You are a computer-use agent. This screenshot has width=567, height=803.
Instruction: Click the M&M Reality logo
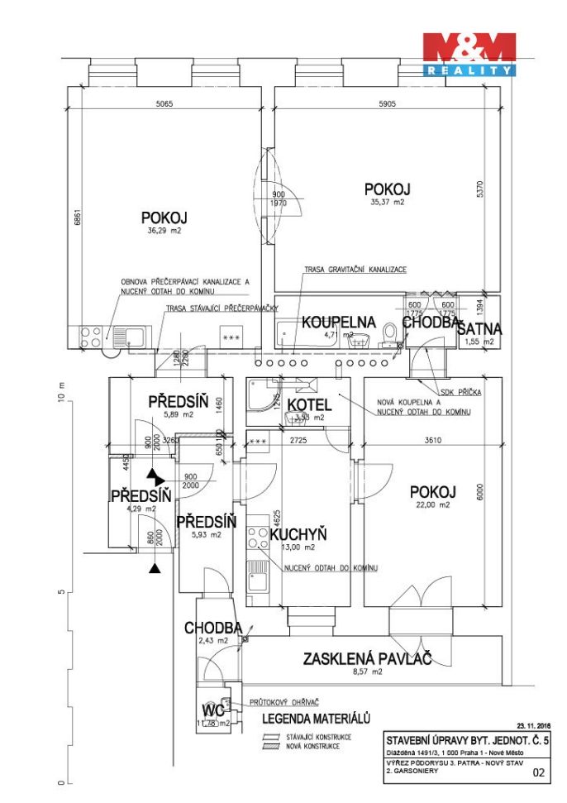(469, 54)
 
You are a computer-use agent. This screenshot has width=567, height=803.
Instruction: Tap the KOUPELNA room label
(337, 322)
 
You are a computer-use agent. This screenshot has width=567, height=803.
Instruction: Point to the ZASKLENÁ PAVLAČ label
(367, 659)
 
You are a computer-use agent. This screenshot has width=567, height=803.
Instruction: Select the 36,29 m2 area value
(164, 232)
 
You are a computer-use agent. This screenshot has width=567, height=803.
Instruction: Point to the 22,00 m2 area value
(432, 504)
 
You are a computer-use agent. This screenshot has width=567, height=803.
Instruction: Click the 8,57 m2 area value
(368, 672)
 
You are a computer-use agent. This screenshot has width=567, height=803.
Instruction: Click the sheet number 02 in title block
(540, 773)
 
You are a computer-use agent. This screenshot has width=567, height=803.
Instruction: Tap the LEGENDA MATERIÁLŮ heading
(316, 719)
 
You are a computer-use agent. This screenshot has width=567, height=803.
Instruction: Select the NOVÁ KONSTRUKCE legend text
(312, 746)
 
